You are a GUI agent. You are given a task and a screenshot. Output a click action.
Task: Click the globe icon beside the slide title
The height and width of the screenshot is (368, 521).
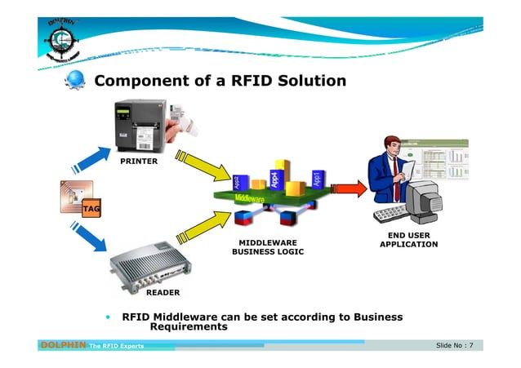click(77, 82)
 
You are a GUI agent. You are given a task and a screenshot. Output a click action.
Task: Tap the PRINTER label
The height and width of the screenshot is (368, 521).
click(139, 162)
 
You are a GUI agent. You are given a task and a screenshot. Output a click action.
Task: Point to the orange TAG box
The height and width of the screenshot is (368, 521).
click(91, 209)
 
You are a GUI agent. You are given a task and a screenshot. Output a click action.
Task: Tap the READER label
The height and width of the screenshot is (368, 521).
click(163, 291)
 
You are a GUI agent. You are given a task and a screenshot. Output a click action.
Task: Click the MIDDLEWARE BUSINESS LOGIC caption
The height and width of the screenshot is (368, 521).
click(267, 247)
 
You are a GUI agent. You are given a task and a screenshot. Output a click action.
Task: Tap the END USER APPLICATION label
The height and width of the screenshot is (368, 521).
click(408, 240)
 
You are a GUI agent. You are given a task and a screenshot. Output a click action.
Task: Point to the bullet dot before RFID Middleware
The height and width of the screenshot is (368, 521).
click(106, 317)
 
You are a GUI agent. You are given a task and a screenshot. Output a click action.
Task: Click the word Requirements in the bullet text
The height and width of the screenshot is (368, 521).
click(189, 327)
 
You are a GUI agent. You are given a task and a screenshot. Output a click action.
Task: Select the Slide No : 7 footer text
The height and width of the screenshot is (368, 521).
click(458, 346)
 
